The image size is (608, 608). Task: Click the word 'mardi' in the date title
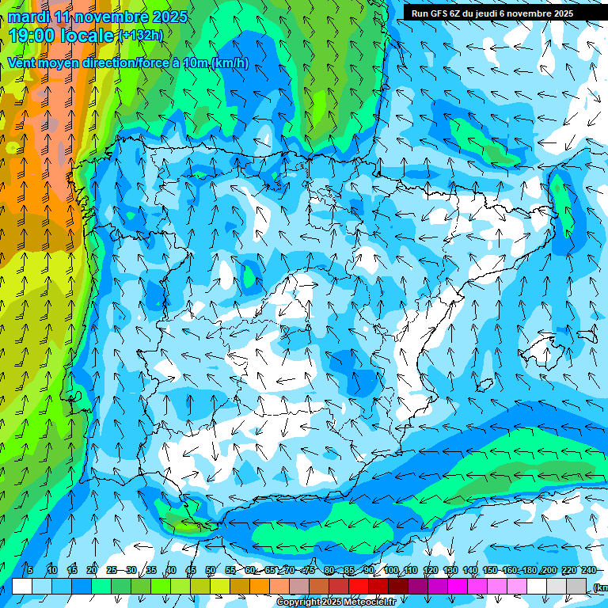pos(28,17)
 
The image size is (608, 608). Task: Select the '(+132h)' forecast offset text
pos(140,36)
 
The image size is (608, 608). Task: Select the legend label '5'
pos(29,570)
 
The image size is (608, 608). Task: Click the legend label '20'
pos(92,570)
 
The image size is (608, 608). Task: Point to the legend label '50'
pos(211,570)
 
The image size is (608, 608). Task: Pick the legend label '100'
pos(391,570)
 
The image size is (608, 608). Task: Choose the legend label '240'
pos(589,570)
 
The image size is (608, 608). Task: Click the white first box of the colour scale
pos(22,586)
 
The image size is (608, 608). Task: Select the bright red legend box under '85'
pos(359,586)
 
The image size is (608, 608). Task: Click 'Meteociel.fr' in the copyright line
pos(369,602)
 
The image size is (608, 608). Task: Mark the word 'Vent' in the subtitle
pos(22,63)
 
